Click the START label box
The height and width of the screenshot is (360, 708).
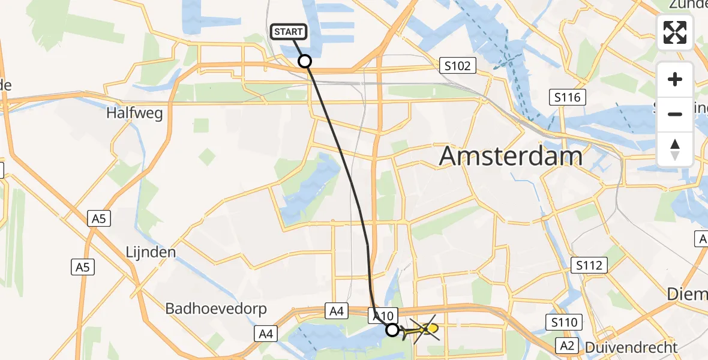pos(290,32)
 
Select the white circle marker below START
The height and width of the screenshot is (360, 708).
pos(305,61)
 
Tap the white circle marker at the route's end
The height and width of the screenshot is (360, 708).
pos(392,329)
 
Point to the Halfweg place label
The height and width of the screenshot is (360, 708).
pos(134,113)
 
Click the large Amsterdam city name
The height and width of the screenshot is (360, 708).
pos(511,157)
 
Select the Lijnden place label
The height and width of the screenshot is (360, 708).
pos(151,252)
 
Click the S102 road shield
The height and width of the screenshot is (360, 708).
pos(457,65)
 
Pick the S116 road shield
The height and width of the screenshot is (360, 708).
pos(567,96)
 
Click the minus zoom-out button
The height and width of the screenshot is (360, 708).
pos(675,114)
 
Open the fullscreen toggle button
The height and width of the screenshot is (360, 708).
pos(675,33)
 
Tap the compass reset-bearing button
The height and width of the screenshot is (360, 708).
pos(675,149)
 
